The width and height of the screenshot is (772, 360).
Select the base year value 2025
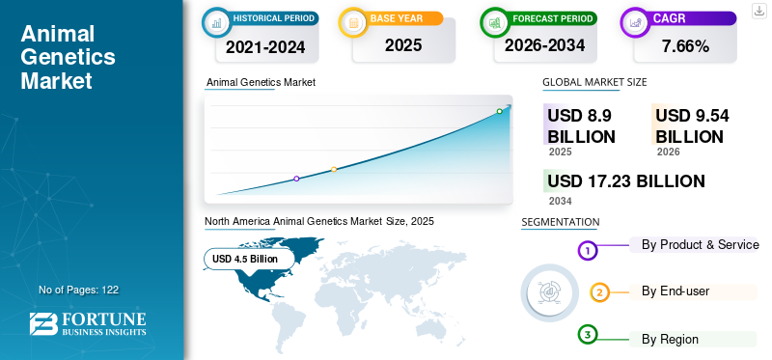(x=402, y=45)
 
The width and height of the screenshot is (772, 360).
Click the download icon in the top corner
(x=759, y=10)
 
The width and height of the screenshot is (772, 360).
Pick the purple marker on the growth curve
(x=296, y=179)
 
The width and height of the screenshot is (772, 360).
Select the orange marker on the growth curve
(x=334, y=170)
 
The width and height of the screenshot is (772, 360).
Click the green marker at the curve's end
(x=499, y=112)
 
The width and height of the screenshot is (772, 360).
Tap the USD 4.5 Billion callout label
(x=245, y=259)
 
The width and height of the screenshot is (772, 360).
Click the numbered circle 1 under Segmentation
(x=588, y=251)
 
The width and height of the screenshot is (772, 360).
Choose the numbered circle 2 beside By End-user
(x=599, y=292)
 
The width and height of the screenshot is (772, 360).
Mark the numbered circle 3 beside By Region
(x=588, y=335)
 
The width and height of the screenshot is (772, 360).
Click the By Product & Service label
(x=700, y=245)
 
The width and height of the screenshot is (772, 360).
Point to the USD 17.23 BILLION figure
(x=625, y=181)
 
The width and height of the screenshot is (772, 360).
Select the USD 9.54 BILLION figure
(x=691, y=126)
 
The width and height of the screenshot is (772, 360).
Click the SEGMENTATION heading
(x=560, y=222)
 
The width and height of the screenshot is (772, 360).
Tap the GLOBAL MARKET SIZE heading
(x=594, y=82)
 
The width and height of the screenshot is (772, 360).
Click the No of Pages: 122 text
(x=78, y=290)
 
